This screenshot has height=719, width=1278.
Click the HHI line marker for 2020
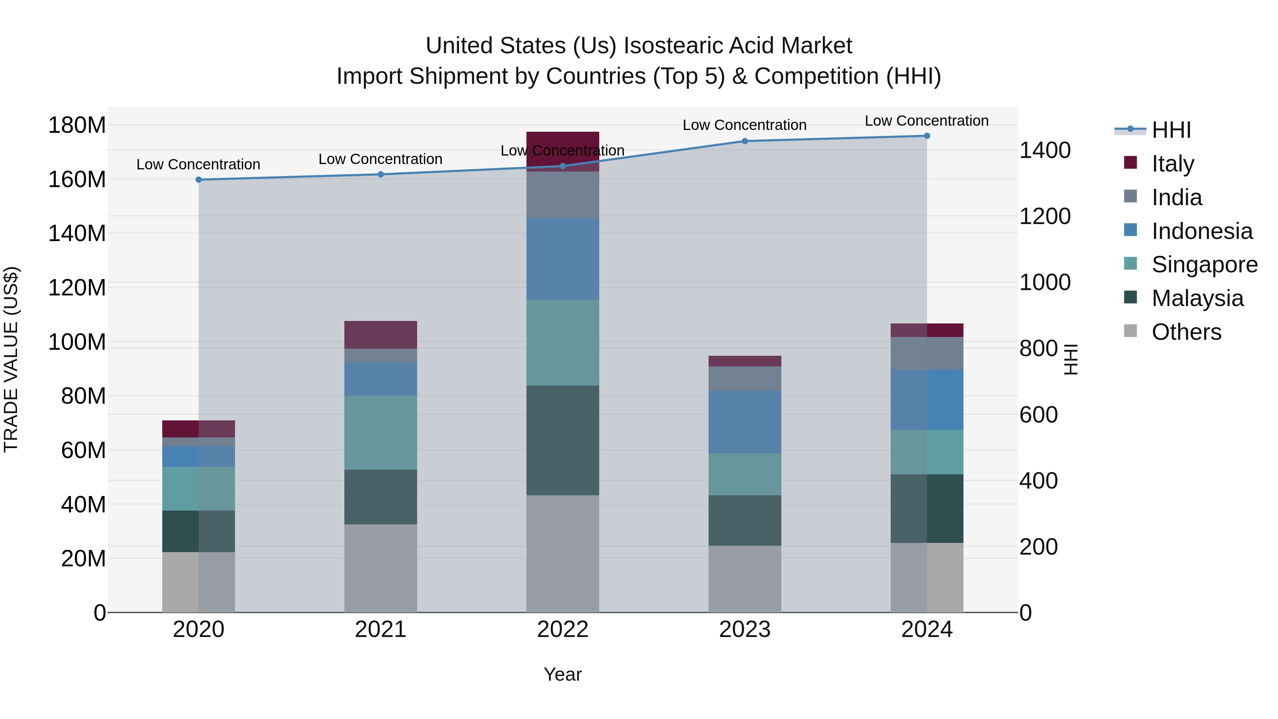198,180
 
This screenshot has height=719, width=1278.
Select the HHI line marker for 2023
745,141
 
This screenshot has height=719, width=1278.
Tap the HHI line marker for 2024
927,136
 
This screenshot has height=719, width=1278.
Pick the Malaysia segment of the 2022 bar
563,440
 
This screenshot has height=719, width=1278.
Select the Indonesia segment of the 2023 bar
745,422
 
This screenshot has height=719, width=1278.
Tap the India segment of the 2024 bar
927,353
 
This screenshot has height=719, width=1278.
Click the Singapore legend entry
1204,265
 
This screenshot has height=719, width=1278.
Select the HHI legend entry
1171,130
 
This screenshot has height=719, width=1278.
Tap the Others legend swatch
1130,331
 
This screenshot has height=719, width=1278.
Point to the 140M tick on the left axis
77,233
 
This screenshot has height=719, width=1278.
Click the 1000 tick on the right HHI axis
1045,282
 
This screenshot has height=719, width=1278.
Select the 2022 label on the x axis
563,630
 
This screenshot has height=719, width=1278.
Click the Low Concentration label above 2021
381,159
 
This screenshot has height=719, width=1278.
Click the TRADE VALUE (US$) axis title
11,359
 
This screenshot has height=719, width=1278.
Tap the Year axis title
563,674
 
